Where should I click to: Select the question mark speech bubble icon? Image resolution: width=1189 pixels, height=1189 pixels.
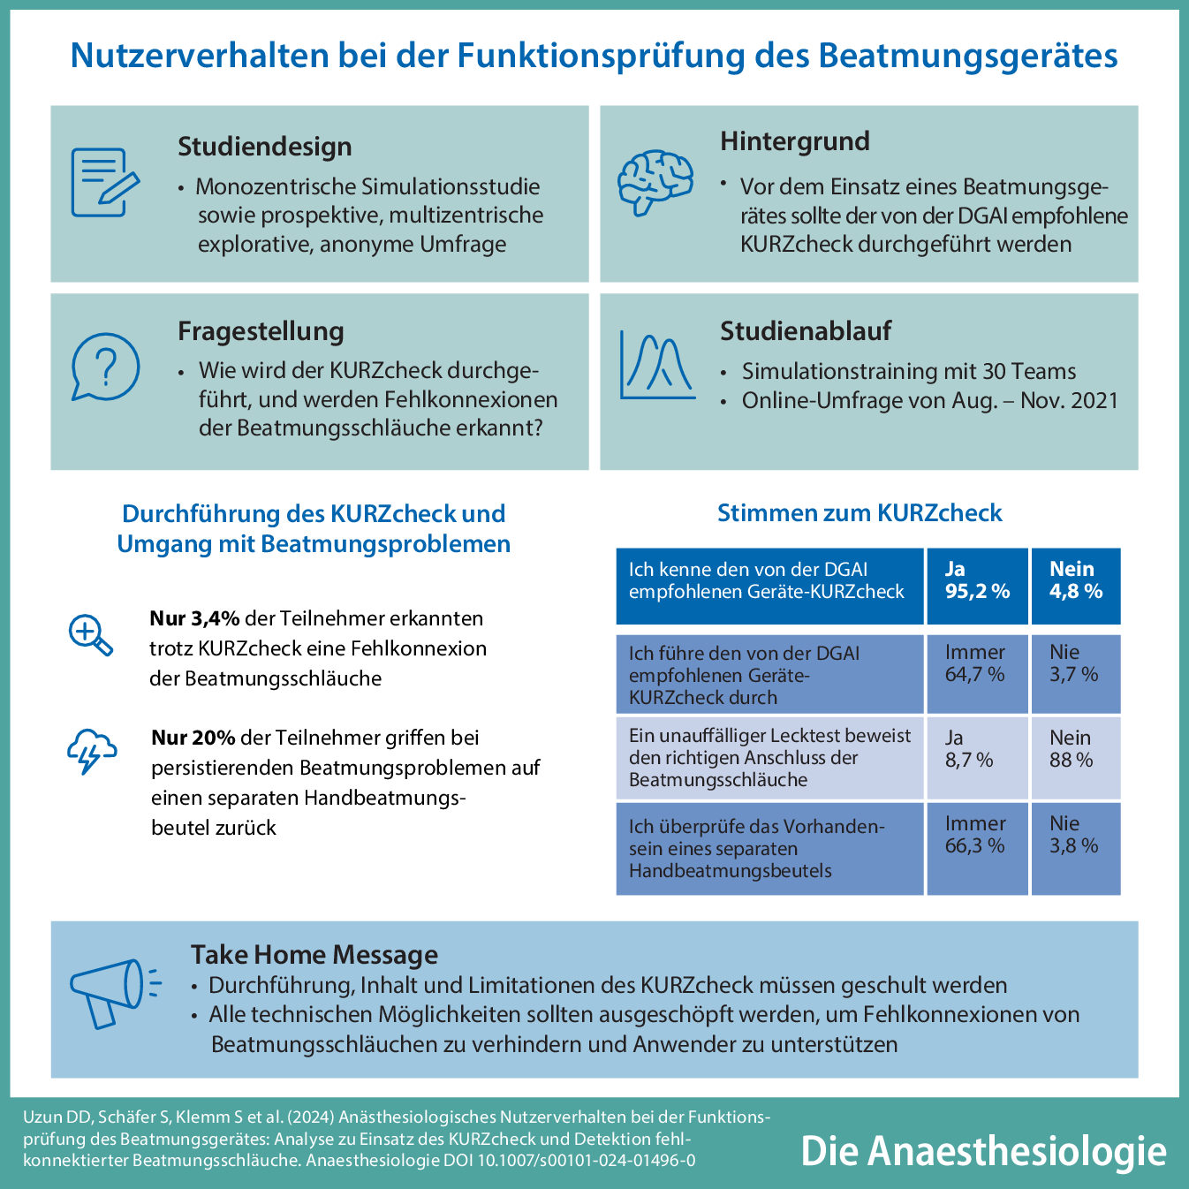pyautogui.click(x=105, y=367)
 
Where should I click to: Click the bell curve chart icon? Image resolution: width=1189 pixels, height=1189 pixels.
pyautogui.click(x=656, y=365)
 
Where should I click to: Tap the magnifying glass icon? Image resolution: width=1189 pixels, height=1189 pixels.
pyautogui.click(x=91, y=635)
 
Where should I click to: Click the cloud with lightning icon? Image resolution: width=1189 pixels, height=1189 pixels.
pyautogui.click(x=91, y=751)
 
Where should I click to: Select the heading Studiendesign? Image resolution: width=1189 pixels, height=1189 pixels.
pyautogui.click(x=264, y=147)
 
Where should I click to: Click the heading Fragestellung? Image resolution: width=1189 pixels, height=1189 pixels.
pyautogui.click(x=261, y=331)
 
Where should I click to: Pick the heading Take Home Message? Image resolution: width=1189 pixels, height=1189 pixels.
pyautogui.click(x=314, y=955)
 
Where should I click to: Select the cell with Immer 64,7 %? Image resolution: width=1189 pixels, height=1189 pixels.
pyautogui.click(x=977, y=673)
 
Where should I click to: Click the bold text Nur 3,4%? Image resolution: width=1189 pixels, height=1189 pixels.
pyautogui.click(x=194, y=618)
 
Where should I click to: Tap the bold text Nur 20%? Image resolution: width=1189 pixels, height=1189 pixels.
pyautogui.click(x=193, y=738)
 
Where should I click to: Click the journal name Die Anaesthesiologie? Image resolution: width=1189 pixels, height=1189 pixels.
pyautogui.click(x=983, y=1151)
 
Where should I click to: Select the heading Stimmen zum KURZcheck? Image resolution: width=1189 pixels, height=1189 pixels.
pyautogui.click(x=860, y=513)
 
